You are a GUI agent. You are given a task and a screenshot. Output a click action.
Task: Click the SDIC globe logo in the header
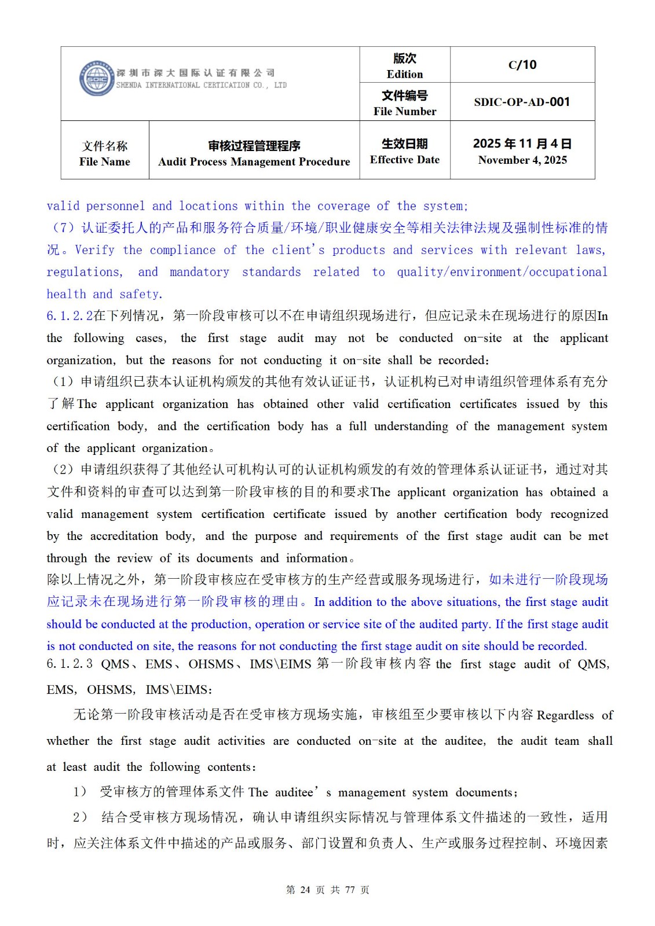coord(96,79)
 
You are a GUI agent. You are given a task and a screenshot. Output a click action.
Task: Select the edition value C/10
coord(522,65)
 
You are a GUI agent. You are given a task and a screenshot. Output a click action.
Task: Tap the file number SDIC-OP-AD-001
coord(522,102)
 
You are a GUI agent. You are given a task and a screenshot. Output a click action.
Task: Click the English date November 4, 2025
coord(522,160)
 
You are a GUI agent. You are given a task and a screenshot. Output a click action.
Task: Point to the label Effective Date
coord(405,160)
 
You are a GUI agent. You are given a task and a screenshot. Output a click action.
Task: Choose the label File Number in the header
coord(405,111)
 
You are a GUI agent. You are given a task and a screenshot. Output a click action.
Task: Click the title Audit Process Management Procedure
coord(254,161)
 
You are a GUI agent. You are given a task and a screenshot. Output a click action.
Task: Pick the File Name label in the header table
coord(105,161)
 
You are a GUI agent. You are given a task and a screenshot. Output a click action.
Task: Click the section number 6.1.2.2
coord(69,316)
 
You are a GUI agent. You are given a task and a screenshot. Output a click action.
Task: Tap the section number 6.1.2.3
coord(69,664)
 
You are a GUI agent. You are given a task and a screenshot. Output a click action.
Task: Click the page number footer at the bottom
coord(328,890)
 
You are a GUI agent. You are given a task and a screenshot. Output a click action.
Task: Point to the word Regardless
coord(565,715)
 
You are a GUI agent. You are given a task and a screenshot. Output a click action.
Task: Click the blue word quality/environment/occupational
coord(502,272)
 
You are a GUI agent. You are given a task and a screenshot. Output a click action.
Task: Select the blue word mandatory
coord(199,272)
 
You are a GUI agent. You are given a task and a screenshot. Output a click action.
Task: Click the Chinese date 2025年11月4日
coord(522,144)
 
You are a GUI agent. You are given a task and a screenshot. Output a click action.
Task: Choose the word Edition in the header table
coord(405,74)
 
